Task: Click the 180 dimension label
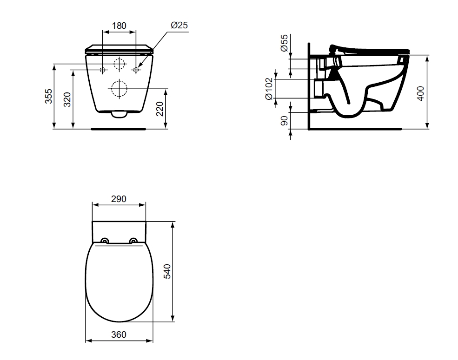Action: click(119, 26)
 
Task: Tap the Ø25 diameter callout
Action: click(179, 25)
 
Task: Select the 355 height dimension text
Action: click(48, 96)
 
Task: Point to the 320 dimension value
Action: click(67, 99)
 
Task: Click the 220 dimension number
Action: click(159, 109)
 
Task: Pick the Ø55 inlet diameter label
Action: click(284, 43)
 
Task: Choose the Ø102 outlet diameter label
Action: click(269, 89)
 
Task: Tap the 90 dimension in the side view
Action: click(284, 121)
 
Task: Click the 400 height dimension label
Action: click(421, 94)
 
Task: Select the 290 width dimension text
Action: click(119, 199)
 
